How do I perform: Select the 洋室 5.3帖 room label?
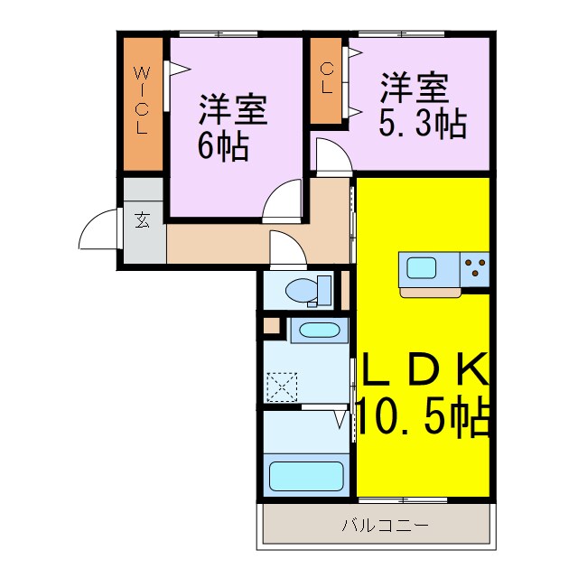point(423,107)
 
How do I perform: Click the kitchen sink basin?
point(422,268)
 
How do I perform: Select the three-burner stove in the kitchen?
point(475,267)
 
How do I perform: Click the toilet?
point(303,291)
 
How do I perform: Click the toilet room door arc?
point(287,247)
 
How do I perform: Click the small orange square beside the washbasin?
point(272,326)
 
